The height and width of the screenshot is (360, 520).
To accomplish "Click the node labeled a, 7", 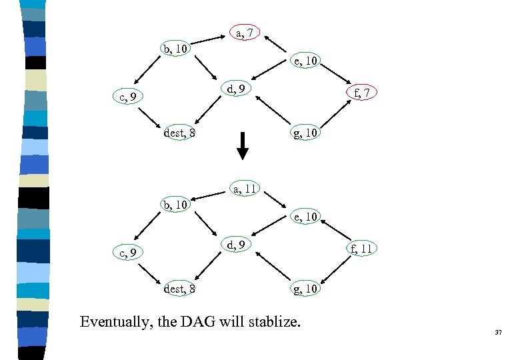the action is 245,33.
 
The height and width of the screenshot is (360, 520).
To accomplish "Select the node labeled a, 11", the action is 245,189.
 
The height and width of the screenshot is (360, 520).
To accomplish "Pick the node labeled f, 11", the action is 360,249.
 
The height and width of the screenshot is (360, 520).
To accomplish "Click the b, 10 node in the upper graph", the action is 175,49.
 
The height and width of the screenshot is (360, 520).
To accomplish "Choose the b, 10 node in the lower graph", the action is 175,204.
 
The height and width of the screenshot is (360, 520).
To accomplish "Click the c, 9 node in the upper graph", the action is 128,97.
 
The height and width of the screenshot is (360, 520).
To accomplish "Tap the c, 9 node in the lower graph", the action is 128,253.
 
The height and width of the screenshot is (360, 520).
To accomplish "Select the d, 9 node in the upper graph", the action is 239,88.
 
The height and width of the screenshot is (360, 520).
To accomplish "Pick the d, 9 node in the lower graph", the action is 239,245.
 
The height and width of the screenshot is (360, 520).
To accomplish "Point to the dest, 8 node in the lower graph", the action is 179,289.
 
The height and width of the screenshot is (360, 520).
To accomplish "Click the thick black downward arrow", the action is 243,145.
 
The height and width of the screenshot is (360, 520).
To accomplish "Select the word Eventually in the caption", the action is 115,323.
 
